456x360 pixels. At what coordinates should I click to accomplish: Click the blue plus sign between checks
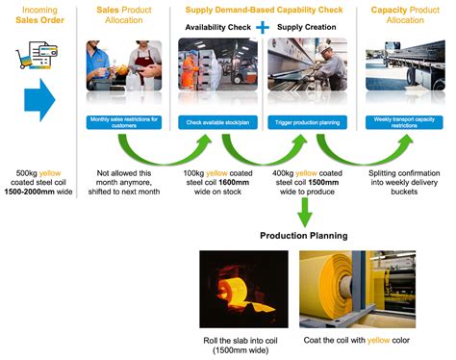pos(260,27)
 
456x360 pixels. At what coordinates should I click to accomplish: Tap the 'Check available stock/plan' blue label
pos(214,121)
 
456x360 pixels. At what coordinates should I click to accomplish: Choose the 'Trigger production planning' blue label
pos(308,121)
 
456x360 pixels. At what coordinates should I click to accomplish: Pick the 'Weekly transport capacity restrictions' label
pos(402,121)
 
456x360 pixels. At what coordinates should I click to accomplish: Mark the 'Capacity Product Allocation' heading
pos(402,13)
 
